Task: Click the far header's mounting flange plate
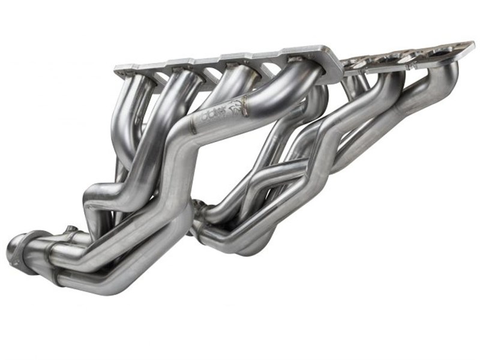click(408, 57)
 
